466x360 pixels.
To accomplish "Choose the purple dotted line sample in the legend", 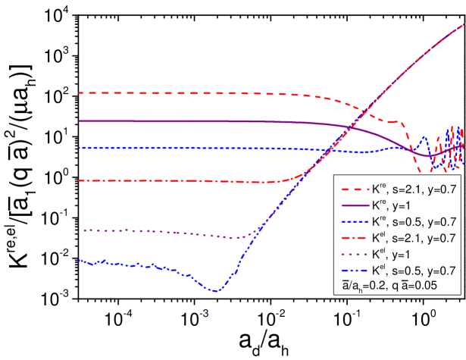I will (352, 254).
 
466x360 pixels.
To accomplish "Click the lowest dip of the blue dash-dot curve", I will (216, 290).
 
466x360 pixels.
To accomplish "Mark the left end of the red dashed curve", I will (79, 93).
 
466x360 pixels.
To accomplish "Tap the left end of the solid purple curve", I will (79, 121).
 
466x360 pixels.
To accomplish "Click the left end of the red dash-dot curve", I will (79, 180).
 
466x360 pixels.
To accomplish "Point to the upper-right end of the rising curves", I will (464, 24).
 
